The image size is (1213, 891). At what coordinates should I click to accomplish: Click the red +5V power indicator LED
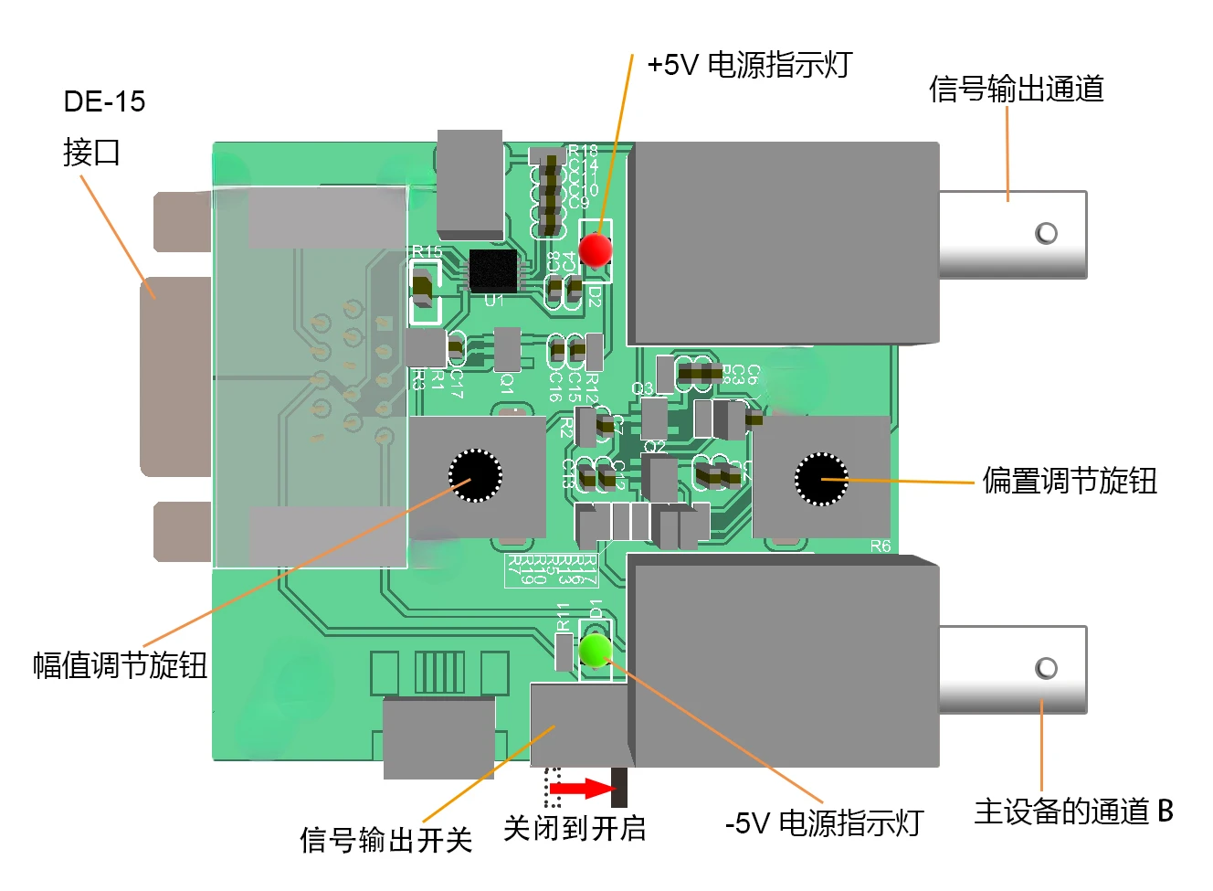(x=596, y=249)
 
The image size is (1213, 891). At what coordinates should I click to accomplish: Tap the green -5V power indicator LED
(x=595, y=650)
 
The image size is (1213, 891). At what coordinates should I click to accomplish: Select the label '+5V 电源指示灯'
(x=749, y=66)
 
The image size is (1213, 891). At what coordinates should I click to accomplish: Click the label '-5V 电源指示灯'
(x=824, y=823)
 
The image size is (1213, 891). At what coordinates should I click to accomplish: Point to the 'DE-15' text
(x=104, y=101)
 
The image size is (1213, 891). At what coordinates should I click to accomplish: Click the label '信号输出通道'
(x=1016, y=89)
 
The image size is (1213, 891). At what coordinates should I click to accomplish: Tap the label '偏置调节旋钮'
(x=1070, y=481)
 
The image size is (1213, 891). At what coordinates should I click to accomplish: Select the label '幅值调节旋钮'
(x=120, y=664)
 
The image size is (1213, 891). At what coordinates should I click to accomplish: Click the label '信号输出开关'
(x=385, y=839)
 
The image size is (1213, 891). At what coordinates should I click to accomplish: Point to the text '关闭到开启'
(x=575, y=829)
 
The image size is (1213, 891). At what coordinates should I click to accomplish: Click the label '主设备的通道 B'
(x=1073, y=811)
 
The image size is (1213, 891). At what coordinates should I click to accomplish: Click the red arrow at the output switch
(x=580, y=788)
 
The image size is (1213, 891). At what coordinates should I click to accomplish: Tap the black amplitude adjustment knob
(x=475, y=475)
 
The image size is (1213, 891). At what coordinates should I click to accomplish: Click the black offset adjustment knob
(x=821, y=479)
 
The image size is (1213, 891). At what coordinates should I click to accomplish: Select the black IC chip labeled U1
(x=493, y=270)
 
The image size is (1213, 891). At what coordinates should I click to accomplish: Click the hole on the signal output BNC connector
(x=1046, y=233)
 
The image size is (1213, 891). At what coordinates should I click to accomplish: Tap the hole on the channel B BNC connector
(x=1046, y=668)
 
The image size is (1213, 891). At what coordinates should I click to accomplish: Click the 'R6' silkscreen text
(x=880, y=546)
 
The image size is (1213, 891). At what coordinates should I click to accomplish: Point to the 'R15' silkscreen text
(x=427, y=251)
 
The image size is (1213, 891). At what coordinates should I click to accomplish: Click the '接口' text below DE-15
(x=91, y=152)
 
